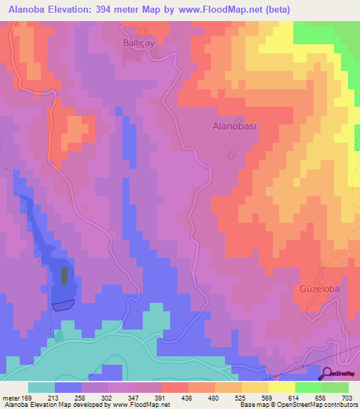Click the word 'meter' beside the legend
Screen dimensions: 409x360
tap(11, 398)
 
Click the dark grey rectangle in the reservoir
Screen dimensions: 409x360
tap(65, 275)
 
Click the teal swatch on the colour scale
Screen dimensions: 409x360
tap(41, 387)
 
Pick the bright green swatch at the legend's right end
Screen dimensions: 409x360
tap(335, 387)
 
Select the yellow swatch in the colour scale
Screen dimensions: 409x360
tap(281, 387)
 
